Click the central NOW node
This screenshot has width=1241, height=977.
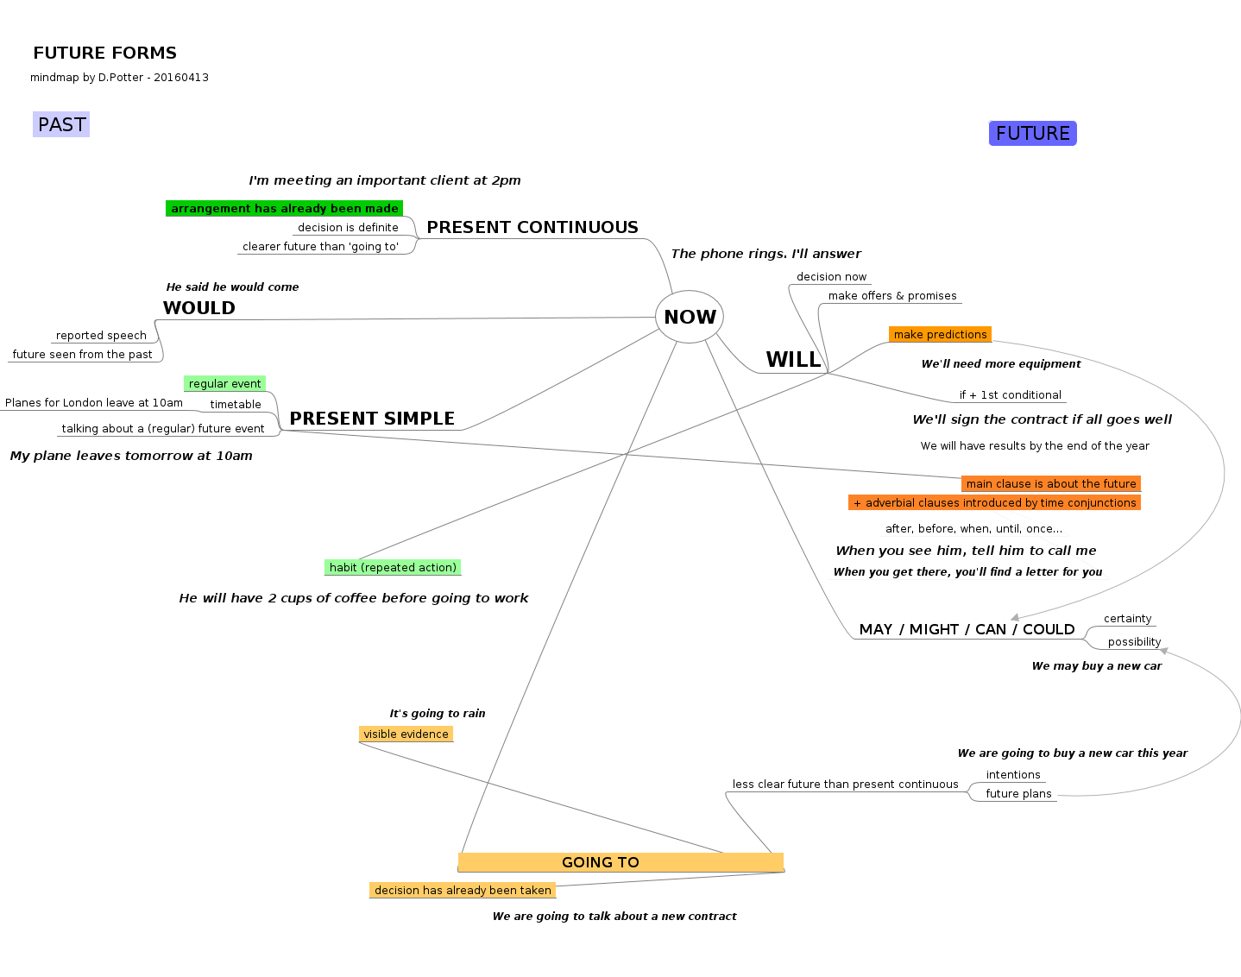pyautogui.click(x=690, y=317)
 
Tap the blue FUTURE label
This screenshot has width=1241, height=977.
pyautogui.click(x=1032, y=133)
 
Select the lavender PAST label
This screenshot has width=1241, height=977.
pyautogui.click(x=61, y=124)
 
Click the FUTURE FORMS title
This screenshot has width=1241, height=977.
pyautogui.click(x=104, y=53)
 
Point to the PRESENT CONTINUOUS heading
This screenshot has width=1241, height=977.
pyautogui.click(x=532, y=227)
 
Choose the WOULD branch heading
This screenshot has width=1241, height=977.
pyautogui.click(x=198, y=308)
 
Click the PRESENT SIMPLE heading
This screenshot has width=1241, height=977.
pyautogui.click(x=371, y=419)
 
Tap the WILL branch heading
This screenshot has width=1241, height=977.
pyautogui.click(x=793, y=360)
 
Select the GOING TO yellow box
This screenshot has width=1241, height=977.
pyautogui.click(x=620, y=862)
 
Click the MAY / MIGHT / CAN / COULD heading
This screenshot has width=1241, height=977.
pyautogui.click(x=967, y=629)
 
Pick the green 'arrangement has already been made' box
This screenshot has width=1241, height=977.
pyautogui.click(x=284, y=208)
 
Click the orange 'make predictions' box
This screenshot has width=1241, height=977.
pyautogui.click(x=940, y=334)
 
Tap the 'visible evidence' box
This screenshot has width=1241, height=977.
pyautogui.click(x=406, y=734)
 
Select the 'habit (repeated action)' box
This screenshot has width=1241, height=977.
pyautogui.click(x=393, y=567)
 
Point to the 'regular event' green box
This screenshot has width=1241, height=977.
pyautogui.click(x=224, y=383)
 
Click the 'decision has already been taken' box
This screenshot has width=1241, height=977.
pyautogui.click(x=463, y=890)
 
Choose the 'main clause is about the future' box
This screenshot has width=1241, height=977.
pyautogui.click(x=1050, y=483)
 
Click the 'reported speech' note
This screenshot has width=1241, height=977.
pyautogui.click(x=101, y=336)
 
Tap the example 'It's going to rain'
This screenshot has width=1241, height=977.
pyautogui.click(x=437, y=713)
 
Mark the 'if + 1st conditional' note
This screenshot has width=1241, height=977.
pyautogui.click(x=1010, y=394)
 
